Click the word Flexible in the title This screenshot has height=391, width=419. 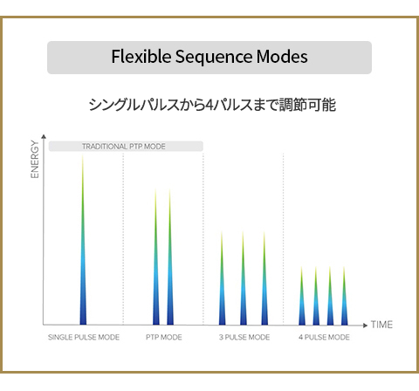pos(141,56)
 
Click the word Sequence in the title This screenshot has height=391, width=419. pos(214,58)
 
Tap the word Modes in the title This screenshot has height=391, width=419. pos(282,56)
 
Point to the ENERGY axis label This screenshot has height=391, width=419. pos(35,159)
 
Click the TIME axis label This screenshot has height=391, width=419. pos(381,325)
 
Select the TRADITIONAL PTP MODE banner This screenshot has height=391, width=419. pos(126,147)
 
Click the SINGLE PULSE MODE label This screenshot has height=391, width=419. pos(84,337)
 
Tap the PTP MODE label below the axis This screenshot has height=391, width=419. pos(164,337)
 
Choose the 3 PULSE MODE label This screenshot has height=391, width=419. pos(244,337)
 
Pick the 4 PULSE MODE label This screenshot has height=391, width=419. pos(324,337)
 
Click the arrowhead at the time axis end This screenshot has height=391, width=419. pos(366,326)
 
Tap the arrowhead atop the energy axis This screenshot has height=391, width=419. pos(44,136)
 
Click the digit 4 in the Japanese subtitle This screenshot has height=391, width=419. pos(209,105)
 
